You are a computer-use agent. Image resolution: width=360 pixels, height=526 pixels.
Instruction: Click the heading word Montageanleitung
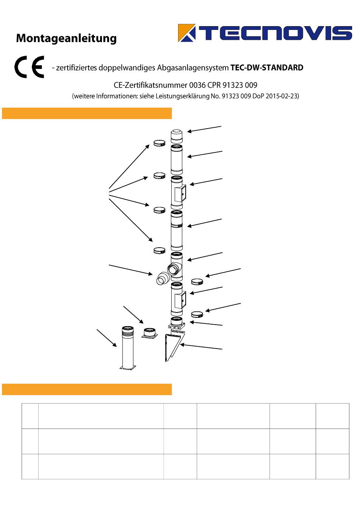pyautogui.click(x=66, y=38)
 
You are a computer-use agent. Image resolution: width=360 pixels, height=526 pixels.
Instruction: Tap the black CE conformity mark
pyautogui.click(x=29, y=67)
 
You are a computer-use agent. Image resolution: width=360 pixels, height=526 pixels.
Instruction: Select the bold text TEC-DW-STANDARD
pyautogui.click(x=267, y=68)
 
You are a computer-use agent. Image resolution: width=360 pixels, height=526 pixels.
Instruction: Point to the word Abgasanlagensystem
pyautogui.click(x=193, y=68)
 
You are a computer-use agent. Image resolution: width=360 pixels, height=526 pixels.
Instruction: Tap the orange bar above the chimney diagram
pyautogui.click(x=87, y=113)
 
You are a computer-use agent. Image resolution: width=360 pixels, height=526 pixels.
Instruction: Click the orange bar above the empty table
pyautogui.click(x=87, y=389)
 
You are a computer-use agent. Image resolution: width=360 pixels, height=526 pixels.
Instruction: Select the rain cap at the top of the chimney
pyautogui.click(x=177, y=136)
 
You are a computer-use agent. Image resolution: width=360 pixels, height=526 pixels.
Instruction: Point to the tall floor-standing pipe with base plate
pyautogui.click(x=128, y=348)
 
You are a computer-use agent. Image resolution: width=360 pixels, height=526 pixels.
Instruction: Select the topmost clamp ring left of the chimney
pyautogui.click(x=160, y=143)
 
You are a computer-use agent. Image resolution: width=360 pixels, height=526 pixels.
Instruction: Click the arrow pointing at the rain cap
pyautogui.click(x=204, y=129)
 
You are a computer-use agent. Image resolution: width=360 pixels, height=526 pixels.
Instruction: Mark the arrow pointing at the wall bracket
pyautogui.click(x=201, y=347)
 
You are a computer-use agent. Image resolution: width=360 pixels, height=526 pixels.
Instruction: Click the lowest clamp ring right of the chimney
pyautogui.click(x=197, y=314)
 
